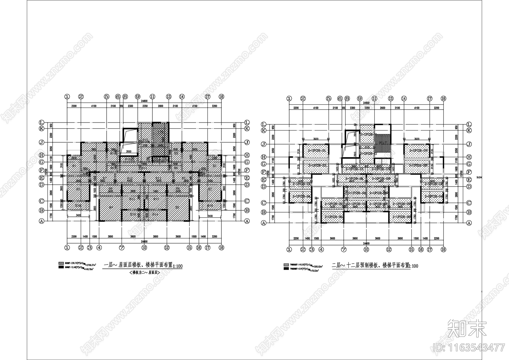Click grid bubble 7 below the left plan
pos(122,247)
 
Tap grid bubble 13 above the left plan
pos(169,96)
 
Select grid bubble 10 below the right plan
pos(366,250)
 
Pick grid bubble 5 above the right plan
pos(329,99)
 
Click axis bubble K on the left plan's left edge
pos(41,129)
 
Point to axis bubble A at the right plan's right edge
pos(469,223)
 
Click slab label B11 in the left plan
pos(144,168)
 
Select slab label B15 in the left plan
pos(146,140)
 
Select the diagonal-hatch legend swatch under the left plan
pos(61,264)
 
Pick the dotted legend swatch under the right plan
pos(286,264)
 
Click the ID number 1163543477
pos(469,347)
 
